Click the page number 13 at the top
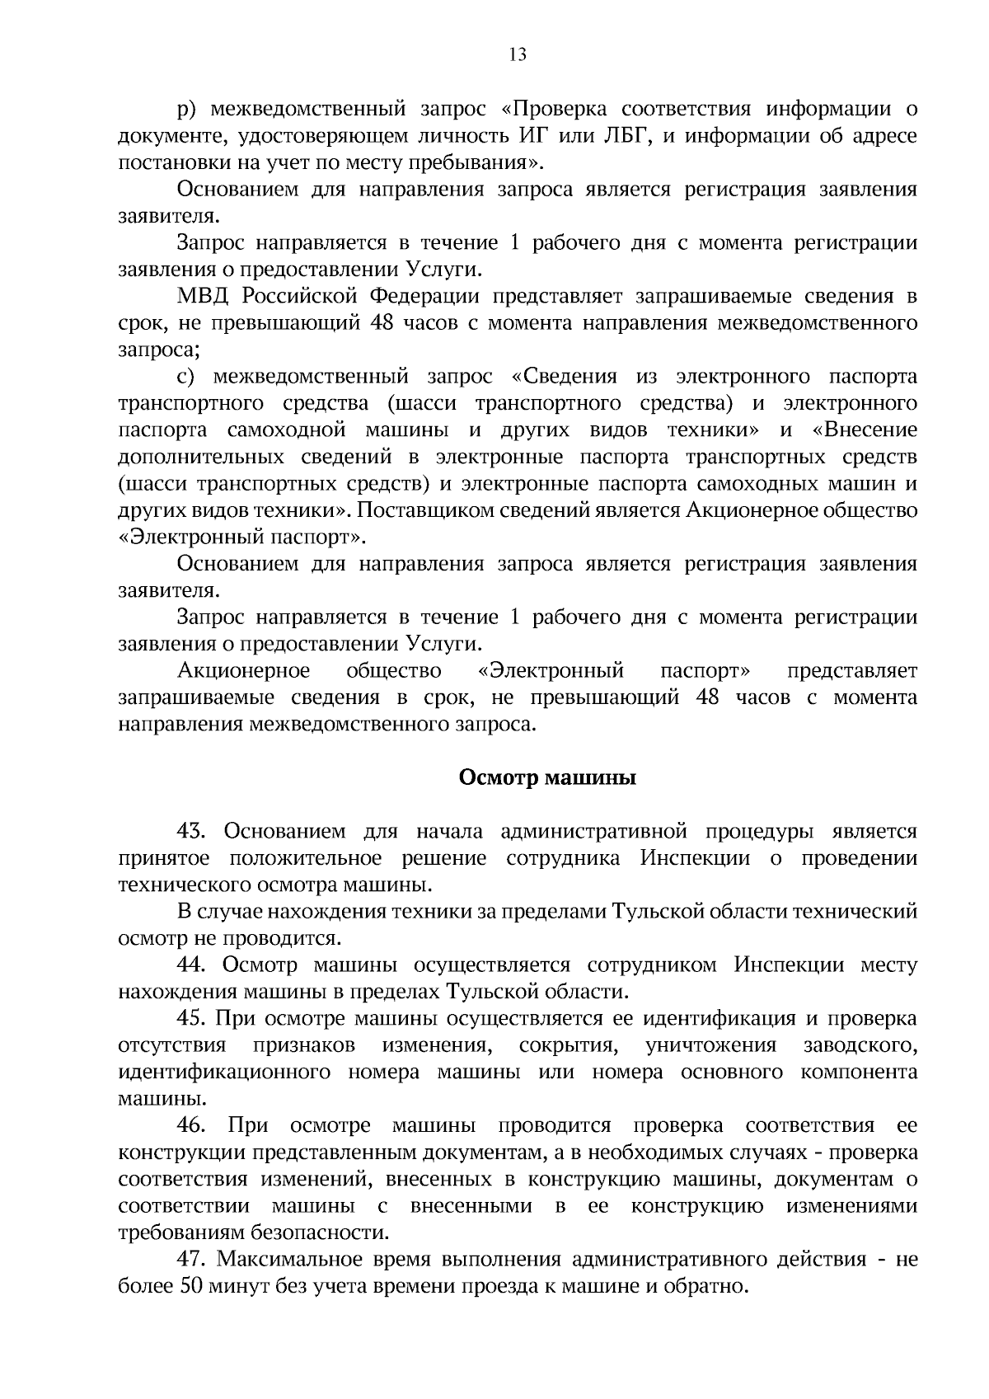[x=517, y=55]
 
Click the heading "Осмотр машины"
[x=547, y=778]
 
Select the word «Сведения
[x=564, y=377]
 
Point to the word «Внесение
[x=865, y=430]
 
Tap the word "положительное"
[x=306, y=858]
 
